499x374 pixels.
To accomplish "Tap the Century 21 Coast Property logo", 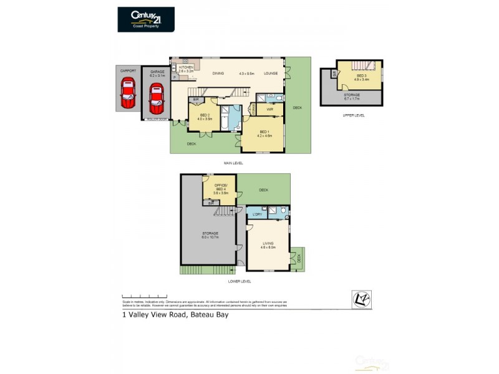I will [146, 19].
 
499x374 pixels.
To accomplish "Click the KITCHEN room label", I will [187, 67].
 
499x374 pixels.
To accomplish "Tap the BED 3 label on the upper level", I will [362, 76].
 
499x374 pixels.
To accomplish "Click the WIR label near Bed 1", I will [270, 110].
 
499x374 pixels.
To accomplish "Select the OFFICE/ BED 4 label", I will [220, 186].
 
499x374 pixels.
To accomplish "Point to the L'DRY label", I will [256, 215].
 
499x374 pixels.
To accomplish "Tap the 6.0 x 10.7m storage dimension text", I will [209, 237].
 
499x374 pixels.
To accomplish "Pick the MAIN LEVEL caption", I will [233, 163].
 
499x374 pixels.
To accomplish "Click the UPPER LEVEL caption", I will [354, 115].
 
